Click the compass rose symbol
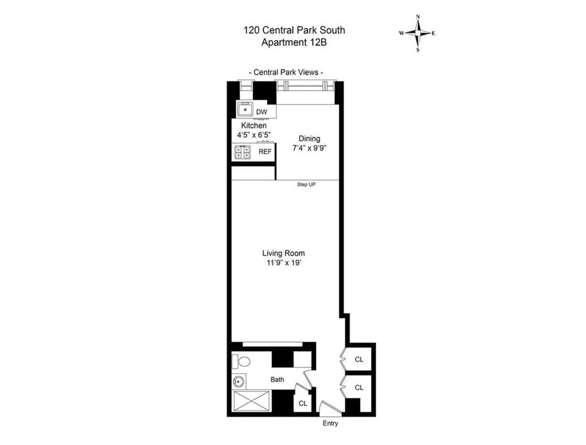click(x=418, y=33)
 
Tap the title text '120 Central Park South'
click(x=295, y=30)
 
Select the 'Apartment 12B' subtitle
click(x=295, y=42)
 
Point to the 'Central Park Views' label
click(x=286, y=72)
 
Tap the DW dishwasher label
click(x=261, y=111)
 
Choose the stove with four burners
click(x=241, y=152)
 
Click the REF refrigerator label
click(x=265, y=152)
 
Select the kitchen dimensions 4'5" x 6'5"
click(x=253, y=135)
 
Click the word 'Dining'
click(x=309, y=138)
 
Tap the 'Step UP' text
click(x=306, y=184)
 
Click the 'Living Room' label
click(x=283, y=253)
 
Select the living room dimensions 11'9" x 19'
click(x=283, y=263)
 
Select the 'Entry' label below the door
click(x=330, y=424)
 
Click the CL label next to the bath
click(x=303, y=403)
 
